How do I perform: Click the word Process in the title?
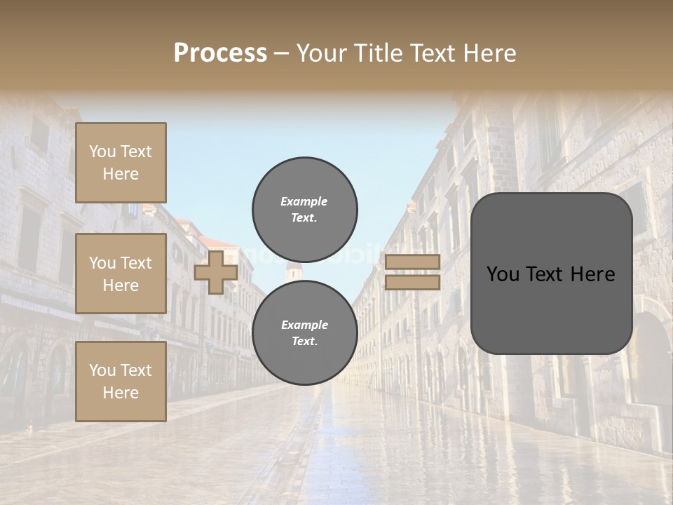pyautogui.click(x=220, y=53)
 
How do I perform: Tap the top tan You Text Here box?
pyautogui.click(x=121, y=163)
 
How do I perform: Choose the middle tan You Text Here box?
pyautogui.click(x=121, y=274)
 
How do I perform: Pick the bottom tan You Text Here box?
pyautogui.click(x=121, y=382)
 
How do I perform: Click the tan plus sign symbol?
pyautogui.click(x=216, y=273)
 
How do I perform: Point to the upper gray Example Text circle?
pyautogui.click(x=304, y=209)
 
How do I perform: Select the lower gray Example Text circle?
pyautogui.click(x=304, y=332)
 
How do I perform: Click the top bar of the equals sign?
pyautogui.click(x=412, y=262)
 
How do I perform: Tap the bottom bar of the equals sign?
pyautogui.click(x=412, y=282)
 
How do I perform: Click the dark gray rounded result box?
pyautogui.click(x=551, y=274)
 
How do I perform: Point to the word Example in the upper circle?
pyautogui.click(x=304, y=201)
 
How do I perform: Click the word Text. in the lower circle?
pyautogui.click(x=304, y=342)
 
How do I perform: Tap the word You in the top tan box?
pyautogui.click(x=102, y=151)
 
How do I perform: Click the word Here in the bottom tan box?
pyautogui.click(x=121, y=393)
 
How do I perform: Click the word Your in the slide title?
pyautogui.click(x=321, y=53)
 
